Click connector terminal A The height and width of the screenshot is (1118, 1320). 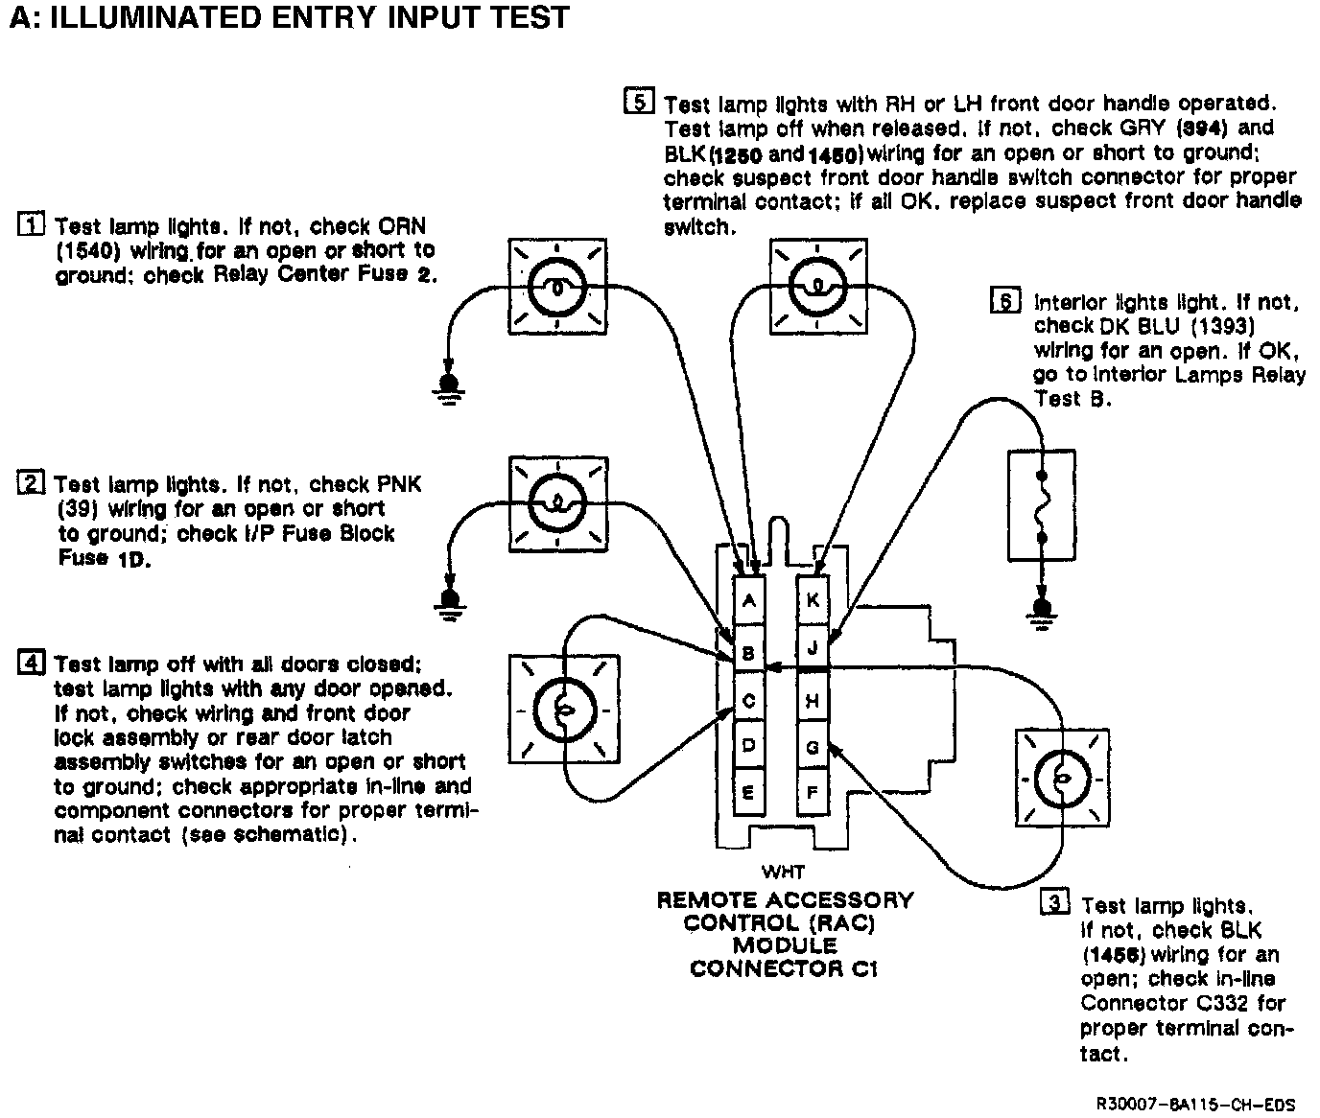click(749, 601)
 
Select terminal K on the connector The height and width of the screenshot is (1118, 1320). click(813, 600)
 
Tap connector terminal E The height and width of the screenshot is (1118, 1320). click(749, 793)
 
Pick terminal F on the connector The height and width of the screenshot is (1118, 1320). click(813, 793)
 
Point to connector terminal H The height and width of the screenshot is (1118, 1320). click(813, 701)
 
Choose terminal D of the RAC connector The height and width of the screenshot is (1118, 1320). click(749, 746)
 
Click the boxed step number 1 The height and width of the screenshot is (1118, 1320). click(32, 226)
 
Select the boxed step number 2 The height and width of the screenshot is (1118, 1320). click(32, 483)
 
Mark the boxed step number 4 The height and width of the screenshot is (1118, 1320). click(32, 663)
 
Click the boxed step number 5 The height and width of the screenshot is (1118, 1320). click(639, 101)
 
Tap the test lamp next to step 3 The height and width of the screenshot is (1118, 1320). click(1062, 777)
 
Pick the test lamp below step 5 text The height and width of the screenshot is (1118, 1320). click(814, 286)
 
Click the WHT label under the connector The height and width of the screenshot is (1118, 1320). click(783, 873)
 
